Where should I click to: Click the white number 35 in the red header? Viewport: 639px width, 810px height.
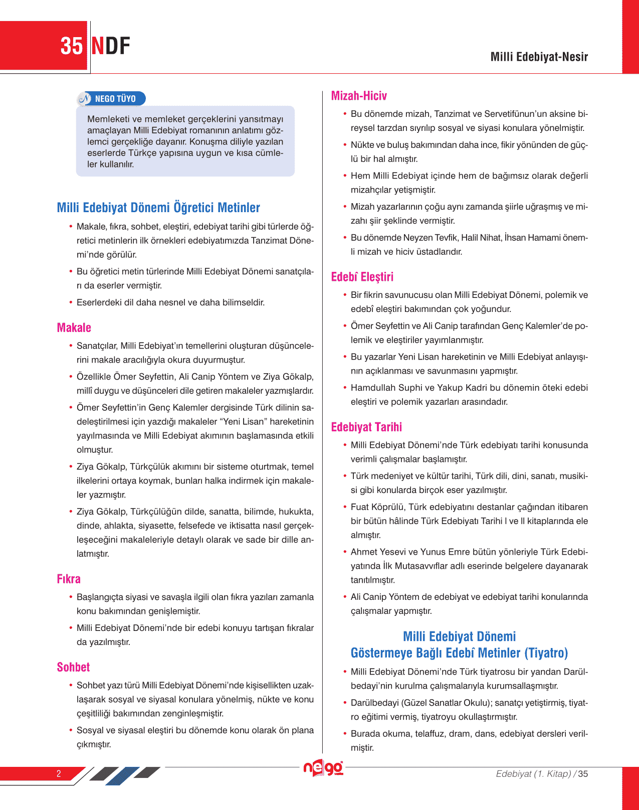coord(72,46)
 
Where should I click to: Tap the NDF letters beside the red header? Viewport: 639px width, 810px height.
coord(111,46)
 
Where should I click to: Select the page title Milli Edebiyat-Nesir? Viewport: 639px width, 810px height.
coord(539,57)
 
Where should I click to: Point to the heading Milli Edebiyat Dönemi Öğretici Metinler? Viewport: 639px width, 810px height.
coord(158,208)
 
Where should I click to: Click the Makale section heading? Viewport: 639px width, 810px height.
coord(74,328)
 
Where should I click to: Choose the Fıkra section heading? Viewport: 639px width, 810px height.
coord(69,579)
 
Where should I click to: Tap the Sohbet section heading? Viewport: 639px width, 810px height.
coord(73,668)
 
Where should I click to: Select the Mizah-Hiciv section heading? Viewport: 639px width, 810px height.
coord(359,96)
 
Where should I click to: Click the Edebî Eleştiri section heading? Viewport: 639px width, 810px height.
coord(362,277)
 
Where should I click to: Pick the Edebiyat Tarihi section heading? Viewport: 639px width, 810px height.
coord(366,427)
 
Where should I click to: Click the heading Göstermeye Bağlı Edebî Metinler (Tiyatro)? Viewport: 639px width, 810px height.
coord(459,653)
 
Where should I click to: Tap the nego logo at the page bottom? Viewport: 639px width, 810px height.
coord(323,768)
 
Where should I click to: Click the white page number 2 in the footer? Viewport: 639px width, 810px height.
coord(59,773)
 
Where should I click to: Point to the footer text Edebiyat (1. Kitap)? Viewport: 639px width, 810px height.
coord(533,774)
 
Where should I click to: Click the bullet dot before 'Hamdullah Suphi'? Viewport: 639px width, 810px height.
coord(345,387)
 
